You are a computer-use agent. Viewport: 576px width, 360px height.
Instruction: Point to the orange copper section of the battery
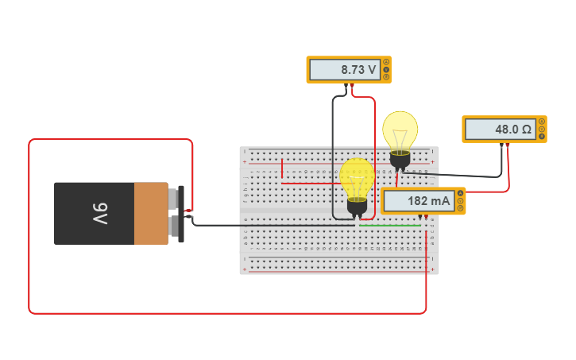point(150,213)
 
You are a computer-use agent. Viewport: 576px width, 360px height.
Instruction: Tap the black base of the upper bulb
point(400,160)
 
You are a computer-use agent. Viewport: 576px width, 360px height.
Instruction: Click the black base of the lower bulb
point(357,207)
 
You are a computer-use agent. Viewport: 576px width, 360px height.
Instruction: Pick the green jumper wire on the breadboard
point(389,226)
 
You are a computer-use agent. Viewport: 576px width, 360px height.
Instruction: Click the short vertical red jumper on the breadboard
point(281,168)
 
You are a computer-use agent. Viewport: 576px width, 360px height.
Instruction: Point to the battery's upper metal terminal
point(174,198)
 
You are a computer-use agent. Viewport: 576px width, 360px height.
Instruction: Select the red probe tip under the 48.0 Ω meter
point(508,145)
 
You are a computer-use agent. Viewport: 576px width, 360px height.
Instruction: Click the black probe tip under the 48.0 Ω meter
point(501,145)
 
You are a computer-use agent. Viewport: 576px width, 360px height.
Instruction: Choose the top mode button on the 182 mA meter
point(460,193)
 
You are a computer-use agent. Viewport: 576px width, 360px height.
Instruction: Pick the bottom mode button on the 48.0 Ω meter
point(542,136)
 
